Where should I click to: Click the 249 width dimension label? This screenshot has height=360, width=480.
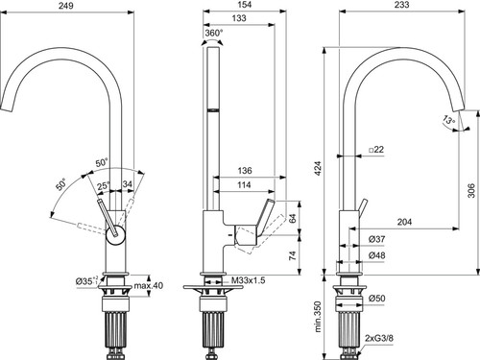pos(65,6)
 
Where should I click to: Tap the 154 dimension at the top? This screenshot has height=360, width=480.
pos(245,5)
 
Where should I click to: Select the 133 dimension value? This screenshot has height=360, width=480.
pos(239,18)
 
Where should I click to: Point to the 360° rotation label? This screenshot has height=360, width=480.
pos(214,33)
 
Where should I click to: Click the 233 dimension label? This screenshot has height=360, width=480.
pos(401,5)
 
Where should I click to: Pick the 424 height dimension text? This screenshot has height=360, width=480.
pos(318,169)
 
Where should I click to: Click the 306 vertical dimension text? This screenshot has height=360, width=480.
pos(471,190)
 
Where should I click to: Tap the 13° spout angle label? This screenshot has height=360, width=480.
pos(448,120)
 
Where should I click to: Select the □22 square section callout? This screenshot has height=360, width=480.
pos(376,150)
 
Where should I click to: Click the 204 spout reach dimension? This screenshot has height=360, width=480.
pos(404,222)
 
